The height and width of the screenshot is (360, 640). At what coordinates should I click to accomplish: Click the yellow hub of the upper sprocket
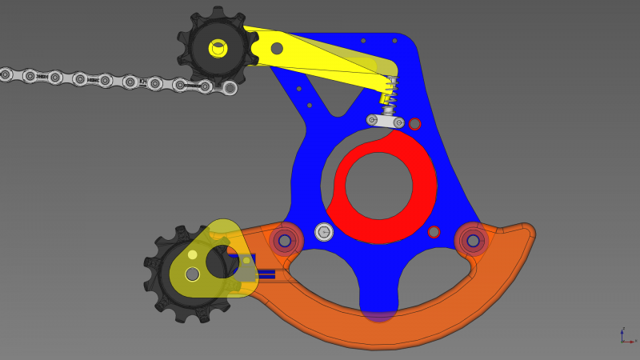(218, 48)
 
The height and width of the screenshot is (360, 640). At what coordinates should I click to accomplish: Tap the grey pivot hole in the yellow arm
(277, 48)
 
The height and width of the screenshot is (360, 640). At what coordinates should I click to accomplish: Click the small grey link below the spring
(385, 121)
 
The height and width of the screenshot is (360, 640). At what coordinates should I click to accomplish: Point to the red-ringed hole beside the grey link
(414, 124)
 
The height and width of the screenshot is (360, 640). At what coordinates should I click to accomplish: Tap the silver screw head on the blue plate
(324, 232)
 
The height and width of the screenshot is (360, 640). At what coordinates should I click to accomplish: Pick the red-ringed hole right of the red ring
(434, 232)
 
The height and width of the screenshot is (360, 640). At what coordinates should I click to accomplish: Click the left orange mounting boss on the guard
(285, 240)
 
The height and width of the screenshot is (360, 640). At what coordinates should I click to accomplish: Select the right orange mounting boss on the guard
(473, 240)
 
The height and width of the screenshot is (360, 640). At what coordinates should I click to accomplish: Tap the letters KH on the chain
(143, 82)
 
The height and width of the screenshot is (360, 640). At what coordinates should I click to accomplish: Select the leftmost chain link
(6, 74)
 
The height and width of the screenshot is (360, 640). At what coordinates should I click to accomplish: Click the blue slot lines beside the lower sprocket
(263, 274)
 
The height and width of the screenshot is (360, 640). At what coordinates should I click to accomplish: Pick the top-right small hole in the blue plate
(394, 40)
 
